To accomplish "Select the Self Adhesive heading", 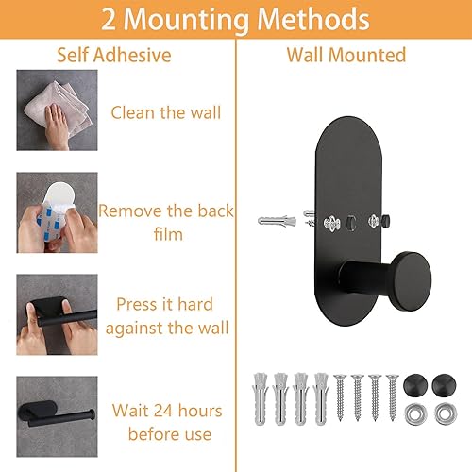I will [x=114, y=55].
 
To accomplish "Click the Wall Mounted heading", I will [x=346, y=55].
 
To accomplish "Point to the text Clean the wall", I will [x=166, y=112].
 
